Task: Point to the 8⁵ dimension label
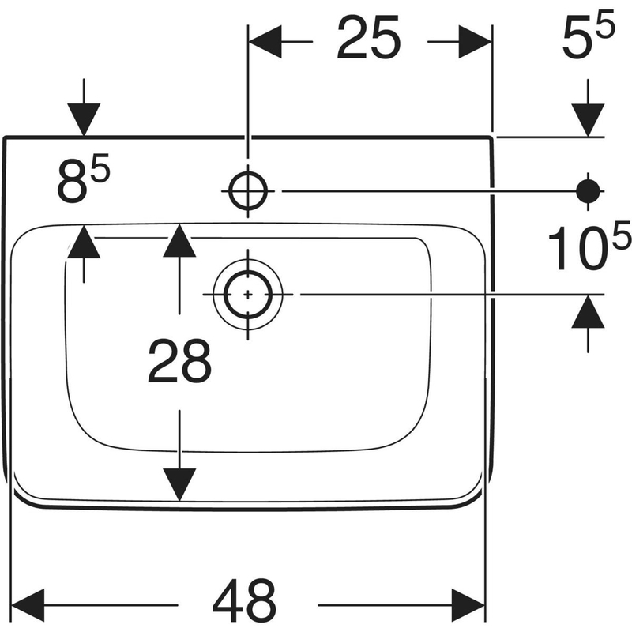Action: (83, 182)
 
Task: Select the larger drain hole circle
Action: (248, 294)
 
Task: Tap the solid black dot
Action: (589, 190)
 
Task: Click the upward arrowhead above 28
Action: (180, 241)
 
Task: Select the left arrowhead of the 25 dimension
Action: (265, 39)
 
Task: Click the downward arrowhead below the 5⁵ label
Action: (589, 120)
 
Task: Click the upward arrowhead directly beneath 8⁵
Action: (85, 241)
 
